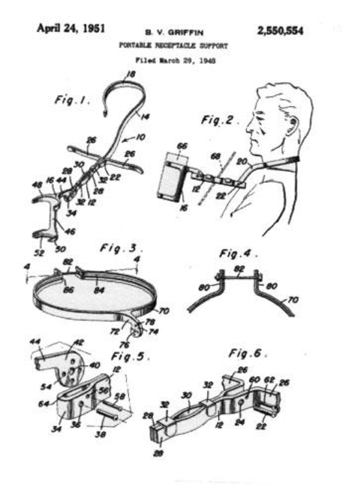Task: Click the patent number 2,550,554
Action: click(x=280, y=31)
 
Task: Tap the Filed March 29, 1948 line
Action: click(x=173, y=61)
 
